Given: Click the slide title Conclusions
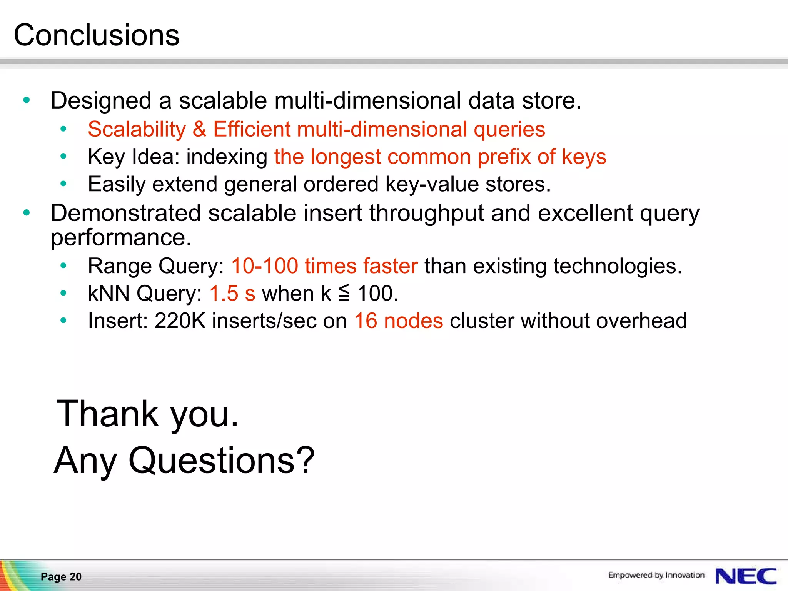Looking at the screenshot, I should pyautogui.click(x=96, y=35).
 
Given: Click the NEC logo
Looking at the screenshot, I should pyautogui.click(x=746, y=576).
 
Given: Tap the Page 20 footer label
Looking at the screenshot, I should pyautogui.click(x=61, y=576).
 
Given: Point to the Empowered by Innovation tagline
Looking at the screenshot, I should pyautogui.click(x=656, y=575).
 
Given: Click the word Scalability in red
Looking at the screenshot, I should pyautogui.click(x=137, y=129).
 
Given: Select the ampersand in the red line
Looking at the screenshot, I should pyautogui.click(x=199, y=129).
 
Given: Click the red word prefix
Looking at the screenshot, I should pyautogui.click(x=504, y=157).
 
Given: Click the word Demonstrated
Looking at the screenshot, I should pyautogui.click(x=126, y=213).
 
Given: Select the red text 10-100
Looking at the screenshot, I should pyautogui.click(x=264, y=266).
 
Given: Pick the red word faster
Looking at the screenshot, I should pyautogui.click(x=390, y=266).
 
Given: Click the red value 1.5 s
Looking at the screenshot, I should pyautogui.click(x=232, y=294).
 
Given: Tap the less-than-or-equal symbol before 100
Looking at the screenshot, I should pyautogui.click(x=344, y=293).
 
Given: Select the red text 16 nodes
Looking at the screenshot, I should pyautogui.click(x=398, y=321).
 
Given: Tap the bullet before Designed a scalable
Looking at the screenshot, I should pyautogui.click(x=27, y=100).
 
